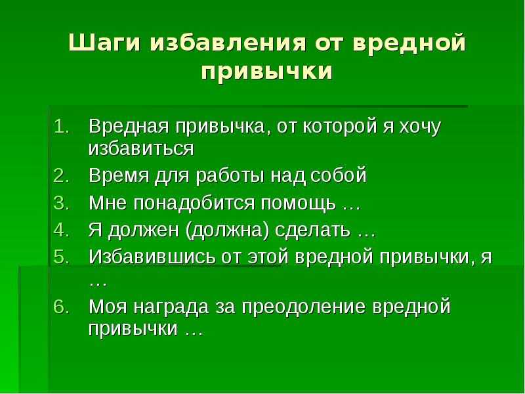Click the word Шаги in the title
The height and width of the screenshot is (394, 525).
[x=104, y=43]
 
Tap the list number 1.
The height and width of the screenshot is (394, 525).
[x=62, y=126]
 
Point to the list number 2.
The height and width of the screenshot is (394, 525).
[x=62, y=175]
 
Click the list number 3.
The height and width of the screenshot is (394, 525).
[x=62, y=203]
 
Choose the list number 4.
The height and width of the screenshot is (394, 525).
[x=62, y=230]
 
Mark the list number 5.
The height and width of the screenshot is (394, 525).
[x=62, y=257]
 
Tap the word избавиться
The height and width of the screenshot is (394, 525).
[x=141, y=149]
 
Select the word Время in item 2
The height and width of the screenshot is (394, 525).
[x=119, y=175]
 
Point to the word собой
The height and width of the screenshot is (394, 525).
[x=339, y=175]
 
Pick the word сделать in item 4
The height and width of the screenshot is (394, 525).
[x=313, y=231]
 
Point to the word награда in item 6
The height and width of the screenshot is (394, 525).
[x=171, y=307]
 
